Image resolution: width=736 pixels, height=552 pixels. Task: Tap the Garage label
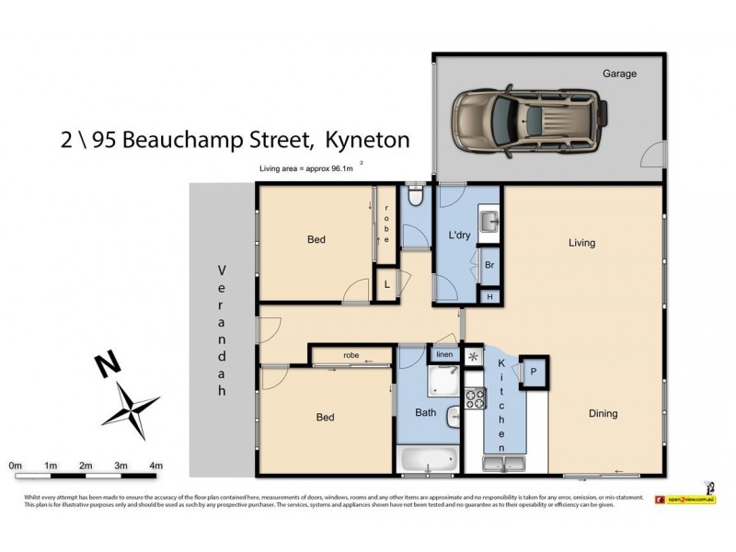coord(619,74)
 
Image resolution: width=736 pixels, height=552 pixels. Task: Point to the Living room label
coord(581,243)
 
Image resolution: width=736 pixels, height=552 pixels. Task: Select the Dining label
coord(603,413)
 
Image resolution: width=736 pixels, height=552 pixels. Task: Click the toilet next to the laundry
coord(416,195)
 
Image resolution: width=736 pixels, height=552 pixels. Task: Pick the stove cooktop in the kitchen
coord(476,398)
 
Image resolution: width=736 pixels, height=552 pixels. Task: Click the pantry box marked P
coord(535,372)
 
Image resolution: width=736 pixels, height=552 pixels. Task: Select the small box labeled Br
coord(490,264)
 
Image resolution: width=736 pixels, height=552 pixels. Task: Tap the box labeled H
coord(490,296)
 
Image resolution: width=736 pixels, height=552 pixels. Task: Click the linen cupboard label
coord(444,355)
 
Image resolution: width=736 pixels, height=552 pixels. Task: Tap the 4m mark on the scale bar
coord(155,466)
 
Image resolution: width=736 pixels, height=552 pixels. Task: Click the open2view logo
coord(691,499)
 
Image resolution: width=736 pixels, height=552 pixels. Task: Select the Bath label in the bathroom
coord(425,413)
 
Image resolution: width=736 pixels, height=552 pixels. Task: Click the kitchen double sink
coord(503,460)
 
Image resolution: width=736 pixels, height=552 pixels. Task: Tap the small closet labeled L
coord(387,284)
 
